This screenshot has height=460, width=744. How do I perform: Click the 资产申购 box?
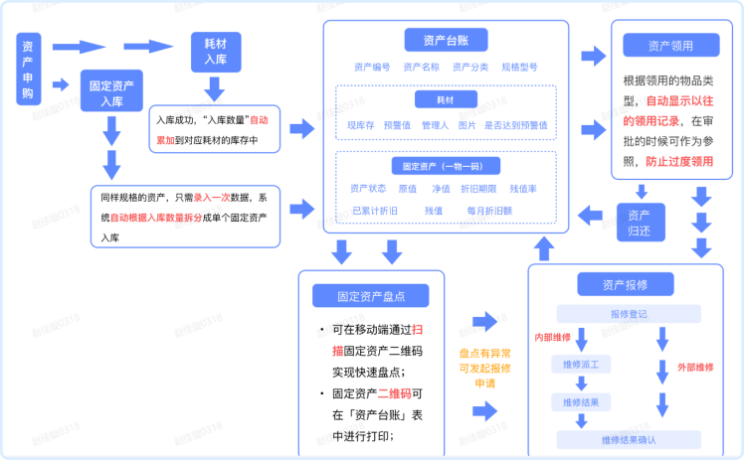coord(27,68)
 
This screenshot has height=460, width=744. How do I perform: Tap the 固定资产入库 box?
coord(111,93)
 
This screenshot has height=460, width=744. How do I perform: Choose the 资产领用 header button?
coord(670,46)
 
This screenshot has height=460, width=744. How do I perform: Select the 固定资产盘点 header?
coord(370,296)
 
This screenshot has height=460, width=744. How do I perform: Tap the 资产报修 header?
coord(625,284)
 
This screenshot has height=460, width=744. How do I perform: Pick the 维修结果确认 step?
coord(628,439)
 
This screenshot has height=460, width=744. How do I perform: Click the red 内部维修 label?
coord(551,336)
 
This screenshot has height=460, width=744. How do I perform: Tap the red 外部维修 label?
coord(695,367)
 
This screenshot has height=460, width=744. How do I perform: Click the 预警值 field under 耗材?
coord(397,125)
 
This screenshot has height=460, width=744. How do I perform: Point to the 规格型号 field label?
coord(519,67)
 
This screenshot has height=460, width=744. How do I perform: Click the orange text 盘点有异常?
coord(484,353)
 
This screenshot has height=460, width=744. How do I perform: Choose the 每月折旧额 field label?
coord(488,211)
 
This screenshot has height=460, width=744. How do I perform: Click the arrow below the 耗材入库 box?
coord(213,88)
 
